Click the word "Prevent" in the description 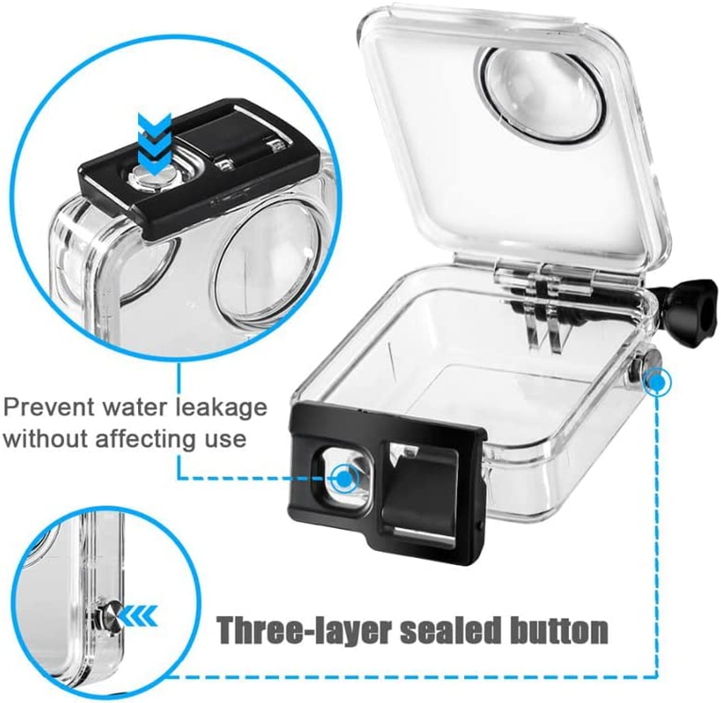pyautogui.click(x=49, y=408)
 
